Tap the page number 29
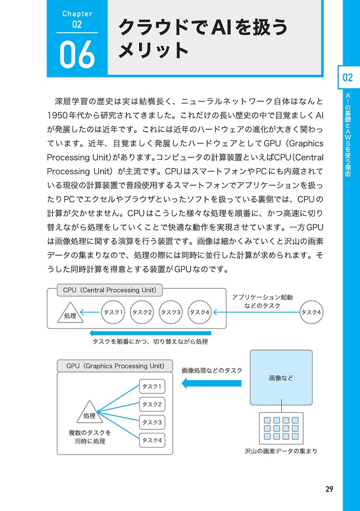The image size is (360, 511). [x=329, y=489]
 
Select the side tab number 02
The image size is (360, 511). [x=348, y=78]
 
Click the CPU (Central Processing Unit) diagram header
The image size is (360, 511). [x=109, y=290]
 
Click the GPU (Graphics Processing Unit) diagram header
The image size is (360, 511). [x=116, y=366]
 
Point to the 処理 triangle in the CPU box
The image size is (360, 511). [x=70, y=313]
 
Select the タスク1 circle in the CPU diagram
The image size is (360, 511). [x=114, y=312]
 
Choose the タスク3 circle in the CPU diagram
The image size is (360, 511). [x=171, y=312]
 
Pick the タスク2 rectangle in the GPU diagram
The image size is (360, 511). [x=152, y=405]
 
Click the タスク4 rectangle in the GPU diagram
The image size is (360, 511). [x=152, y=440]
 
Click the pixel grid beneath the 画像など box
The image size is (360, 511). [x=281, y=428]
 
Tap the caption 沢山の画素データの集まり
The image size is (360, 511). [x=281, y=451]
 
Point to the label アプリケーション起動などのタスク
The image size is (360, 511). [x=262, y=301]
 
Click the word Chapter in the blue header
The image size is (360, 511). [x=77, y=14]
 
